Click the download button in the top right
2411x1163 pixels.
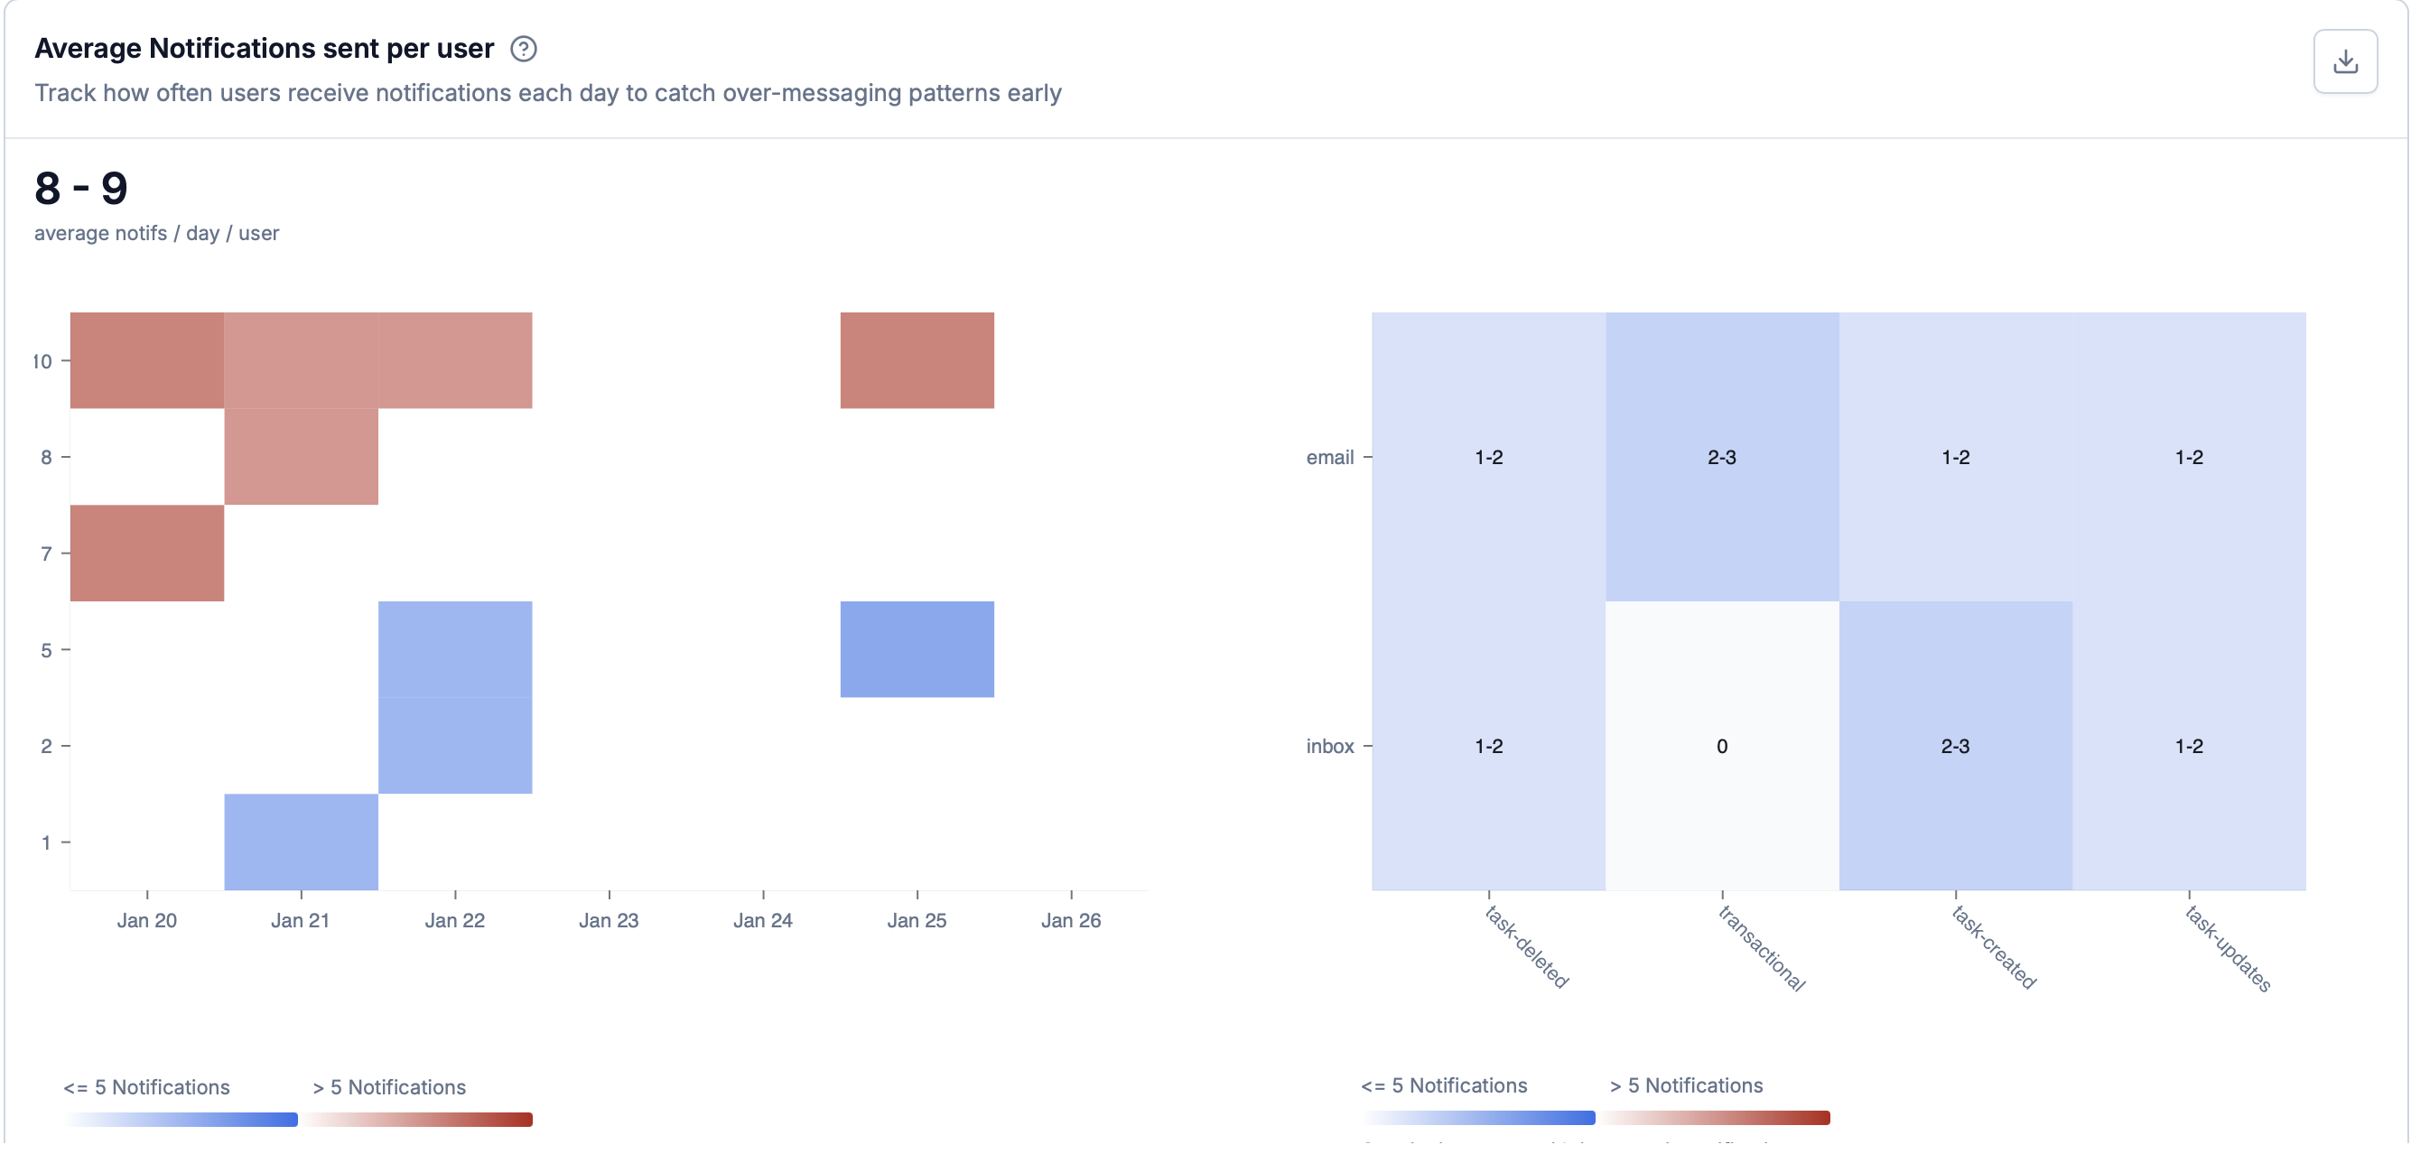(2344, 61)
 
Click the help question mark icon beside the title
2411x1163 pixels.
(523, 49)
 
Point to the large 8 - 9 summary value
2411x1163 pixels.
(81, 188)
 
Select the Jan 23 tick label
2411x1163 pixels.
(609, 921)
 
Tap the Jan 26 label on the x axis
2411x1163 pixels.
(1071, 921)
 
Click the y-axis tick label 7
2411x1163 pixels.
(46, 554)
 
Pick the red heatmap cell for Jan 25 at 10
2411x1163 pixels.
(917, 360)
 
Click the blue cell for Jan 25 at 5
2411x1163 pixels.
(917, 649)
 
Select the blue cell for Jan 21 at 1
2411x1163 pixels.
(301, 842)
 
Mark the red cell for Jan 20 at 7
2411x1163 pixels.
(147, 553)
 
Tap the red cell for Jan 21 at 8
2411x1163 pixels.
(301, 457)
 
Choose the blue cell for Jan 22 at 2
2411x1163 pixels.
(455, 746)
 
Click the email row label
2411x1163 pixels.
(1329, 458)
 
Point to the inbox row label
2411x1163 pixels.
(1329, 747)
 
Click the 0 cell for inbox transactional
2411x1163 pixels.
(1721, 746)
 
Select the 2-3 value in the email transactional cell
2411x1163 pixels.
(1721, 458)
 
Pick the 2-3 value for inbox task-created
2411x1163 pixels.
(1954, 746)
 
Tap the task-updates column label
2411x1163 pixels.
(2228, 948)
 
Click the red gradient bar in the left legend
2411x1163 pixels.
(417, 1119)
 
